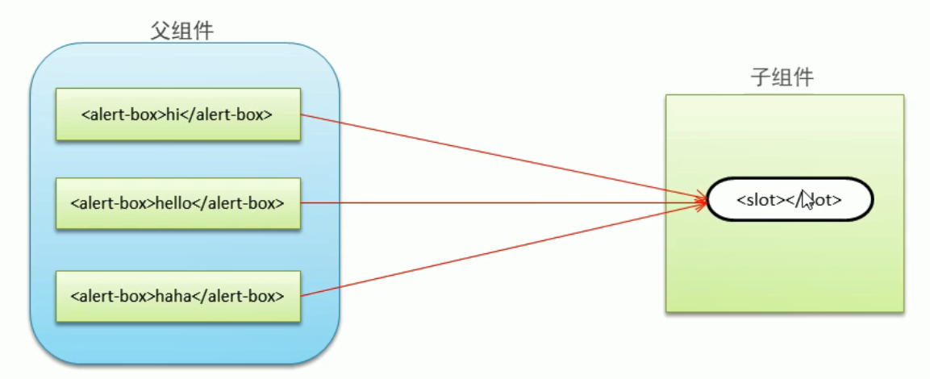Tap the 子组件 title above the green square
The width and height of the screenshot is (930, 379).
coord(782,78)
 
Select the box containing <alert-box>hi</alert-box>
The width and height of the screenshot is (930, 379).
coord(178,115)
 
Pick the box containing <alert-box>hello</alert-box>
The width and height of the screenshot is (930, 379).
coord(178,203)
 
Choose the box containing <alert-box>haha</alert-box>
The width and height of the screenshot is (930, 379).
coord(178,296)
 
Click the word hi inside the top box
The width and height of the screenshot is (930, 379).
coord(171,115)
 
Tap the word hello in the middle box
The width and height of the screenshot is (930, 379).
coord(172,203)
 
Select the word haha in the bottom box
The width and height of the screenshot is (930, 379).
coord(171,296)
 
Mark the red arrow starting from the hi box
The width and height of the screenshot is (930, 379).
coord(500,156)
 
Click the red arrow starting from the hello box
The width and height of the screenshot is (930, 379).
coord(500,202)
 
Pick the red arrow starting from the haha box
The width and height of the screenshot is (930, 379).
coord(500,248)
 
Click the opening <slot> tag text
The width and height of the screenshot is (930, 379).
coord(757,198)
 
